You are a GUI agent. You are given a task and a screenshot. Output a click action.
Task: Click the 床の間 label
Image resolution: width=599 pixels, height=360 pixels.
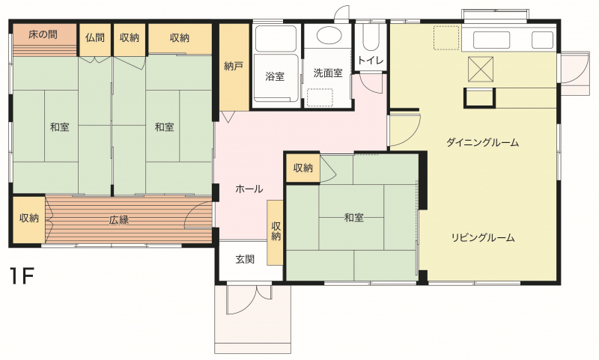pyautogui.click(x=43, y=34)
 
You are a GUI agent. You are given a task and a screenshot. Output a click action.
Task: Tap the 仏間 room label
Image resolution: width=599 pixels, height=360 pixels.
pyautogui.click(x=95, y=37)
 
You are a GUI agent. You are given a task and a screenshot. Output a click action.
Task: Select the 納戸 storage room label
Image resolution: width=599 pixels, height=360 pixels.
pyautogui.click(x=234, y=67)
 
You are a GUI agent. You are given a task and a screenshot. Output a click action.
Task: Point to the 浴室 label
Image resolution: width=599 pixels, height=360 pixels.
pyautogui.click(x=275, y=76)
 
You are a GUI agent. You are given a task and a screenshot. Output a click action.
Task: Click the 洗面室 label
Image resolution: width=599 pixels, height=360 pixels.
pyautogui.click(x=328, y=73)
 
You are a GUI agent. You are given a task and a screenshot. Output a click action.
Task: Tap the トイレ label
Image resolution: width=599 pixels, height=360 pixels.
pyautogui.click(x=371, y=61)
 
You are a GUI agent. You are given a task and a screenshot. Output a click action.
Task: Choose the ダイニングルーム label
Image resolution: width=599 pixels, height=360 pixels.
pyautogui.click(x=482, y=142)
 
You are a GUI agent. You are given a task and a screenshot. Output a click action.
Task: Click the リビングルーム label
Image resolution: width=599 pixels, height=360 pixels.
pyautogui.click(x=483, y=237)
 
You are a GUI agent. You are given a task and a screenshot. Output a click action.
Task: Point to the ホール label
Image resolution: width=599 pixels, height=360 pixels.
pyautogui.click(x=249, y=189)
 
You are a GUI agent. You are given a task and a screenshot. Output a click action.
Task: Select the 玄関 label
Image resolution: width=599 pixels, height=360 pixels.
pyautogui.click(x=245, y=260)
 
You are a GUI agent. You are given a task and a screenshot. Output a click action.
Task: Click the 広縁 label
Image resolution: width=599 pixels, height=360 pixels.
pyautogui.click(x=119, y=220)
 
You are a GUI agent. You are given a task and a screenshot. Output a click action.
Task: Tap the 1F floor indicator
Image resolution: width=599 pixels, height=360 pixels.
pyautogui.click(x=22, y=276)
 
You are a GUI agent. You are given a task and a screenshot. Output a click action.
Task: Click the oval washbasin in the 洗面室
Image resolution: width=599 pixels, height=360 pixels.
pyautogui.click(x=328, y=35)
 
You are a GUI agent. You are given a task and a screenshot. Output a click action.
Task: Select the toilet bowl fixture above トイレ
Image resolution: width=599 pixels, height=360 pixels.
pyautogui.click(x=371, y=37)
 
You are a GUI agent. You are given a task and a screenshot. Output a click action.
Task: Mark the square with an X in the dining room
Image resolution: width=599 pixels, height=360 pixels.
pyautogui.click(x=481, y=69)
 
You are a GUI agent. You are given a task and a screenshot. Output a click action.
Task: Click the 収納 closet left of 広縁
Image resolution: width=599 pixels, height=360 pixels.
pyautogui.click(x=29, y=219)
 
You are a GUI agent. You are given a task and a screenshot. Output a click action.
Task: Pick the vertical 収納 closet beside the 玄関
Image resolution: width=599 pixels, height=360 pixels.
pyautogui.click(x=275, y=233)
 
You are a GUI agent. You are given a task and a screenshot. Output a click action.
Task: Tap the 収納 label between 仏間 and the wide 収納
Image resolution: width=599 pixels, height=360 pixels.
pyautogui.click(x=129, y=37)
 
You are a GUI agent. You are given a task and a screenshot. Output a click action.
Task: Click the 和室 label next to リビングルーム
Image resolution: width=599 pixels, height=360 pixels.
pyautogui.click(x=353, y=218)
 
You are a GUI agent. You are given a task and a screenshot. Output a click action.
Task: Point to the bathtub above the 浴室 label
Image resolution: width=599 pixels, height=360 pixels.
pyautogui.click(x=276, y=38)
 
